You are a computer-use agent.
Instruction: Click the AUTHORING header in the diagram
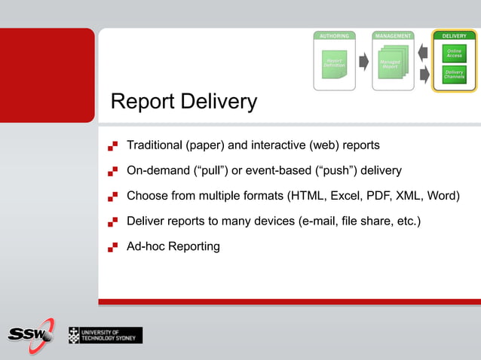(x=334, y=35)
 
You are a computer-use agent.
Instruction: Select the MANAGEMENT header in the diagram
(x=393, y=35)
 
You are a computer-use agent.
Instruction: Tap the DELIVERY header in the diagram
(x=453, y=35)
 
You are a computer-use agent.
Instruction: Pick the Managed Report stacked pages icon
(x=391, y=64)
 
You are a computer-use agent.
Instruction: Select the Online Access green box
(x=454, y=53)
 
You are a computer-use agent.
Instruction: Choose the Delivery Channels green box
(x=454, y=75)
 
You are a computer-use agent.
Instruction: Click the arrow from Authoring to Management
(x=363, y=61)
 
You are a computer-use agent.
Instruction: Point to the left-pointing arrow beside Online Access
(x=423, y=53)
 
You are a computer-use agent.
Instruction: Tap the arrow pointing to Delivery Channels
(x=423, y=74)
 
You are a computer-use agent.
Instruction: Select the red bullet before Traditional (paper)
(x=113, y=145)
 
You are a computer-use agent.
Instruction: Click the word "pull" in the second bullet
(x=211, y=170)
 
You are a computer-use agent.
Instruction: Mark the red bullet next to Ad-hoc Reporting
(x=113, y=246)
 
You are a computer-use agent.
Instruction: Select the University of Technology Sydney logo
(x=105, y=335)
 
